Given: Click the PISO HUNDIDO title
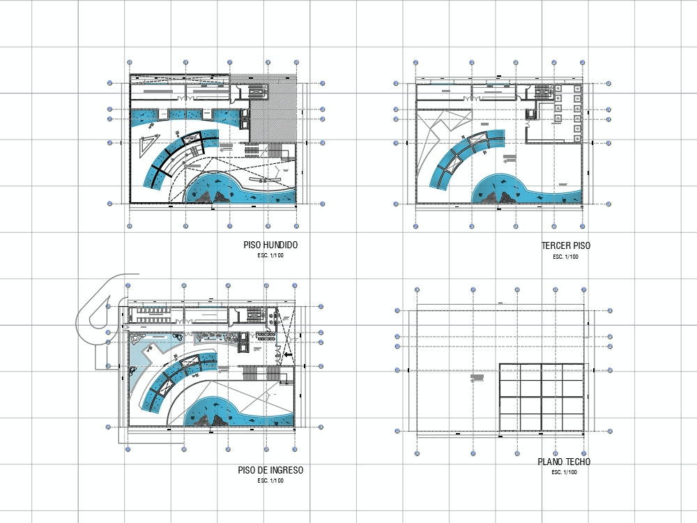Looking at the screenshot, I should tap(271, 245).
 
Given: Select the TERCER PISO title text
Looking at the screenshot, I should tap(565, 246).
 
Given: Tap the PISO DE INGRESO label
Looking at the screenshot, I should tap(270, 471).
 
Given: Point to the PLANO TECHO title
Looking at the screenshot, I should tap(564, 462).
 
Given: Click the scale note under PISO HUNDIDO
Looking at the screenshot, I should tap(271, 256).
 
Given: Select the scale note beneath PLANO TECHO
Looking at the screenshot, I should tap(564, 473).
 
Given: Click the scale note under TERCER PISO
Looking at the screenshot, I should tap(565, 257).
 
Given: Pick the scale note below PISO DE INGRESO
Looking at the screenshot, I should tap(270, 480).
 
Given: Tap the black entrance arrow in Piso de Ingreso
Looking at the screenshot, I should tap(287, 354).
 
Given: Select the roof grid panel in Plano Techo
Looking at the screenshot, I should tap(541, 397).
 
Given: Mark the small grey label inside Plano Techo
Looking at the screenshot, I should tap(477, 378).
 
